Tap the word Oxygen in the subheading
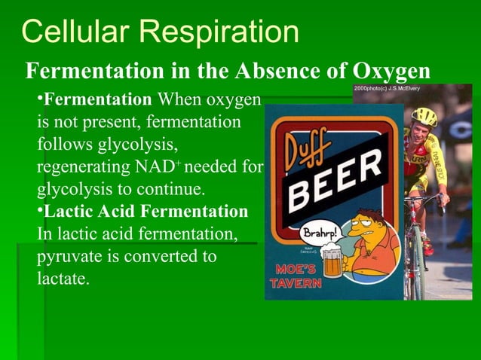coord(391,71)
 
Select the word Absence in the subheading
coord(276,71)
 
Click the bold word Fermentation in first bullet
coord(97,99)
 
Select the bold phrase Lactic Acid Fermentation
coord(146,211)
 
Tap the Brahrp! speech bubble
coord(321,230)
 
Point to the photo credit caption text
coord(387,89)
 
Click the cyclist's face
coord(424,131)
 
